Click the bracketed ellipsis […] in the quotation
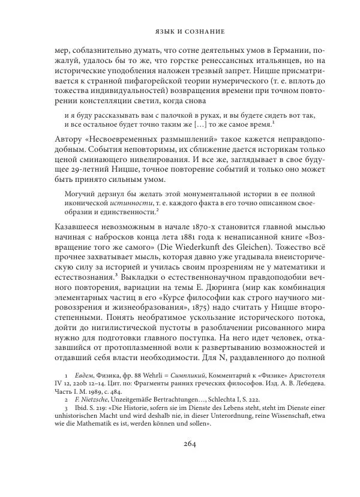[x=202, y=124]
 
